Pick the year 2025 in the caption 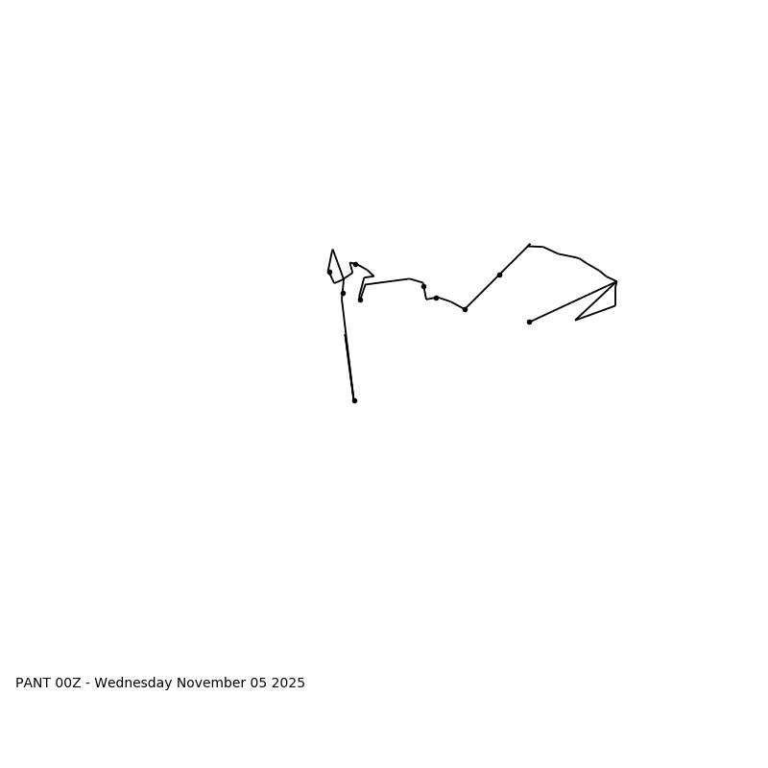(288, 684)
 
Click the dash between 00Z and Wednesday (87, 684)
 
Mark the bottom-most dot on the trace (354, 400)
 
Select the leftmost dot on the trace (329, 272)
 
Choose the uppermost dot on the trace (355, 264)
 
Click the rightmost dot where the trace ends (529, 322)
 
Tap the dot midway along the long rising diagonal (499, 275)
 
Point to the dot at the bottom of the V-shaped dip (465, 309)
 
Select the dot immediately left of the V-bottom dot (436, 298)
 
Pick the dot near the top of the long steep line (343, 293)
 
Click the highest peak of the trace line (529, 245)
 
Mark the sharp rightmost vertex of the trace (616, 281)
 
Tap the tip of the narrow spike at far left (332, 250)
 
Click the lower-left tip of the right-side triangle (576, 320)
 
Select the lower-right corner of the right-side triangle (615, 306)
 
